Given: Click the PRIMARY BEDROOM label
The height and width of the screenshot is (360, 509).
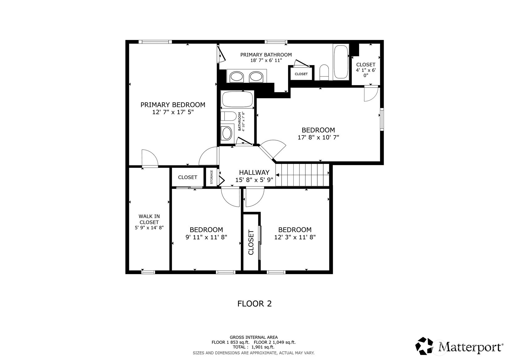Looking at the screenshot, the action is point(173,105).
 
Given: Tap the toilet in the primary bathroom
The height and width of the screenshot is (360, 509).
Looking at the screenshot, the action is point(324,72).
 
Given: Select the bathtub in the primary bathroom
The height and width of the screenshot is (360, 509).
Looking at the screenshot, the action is point(341,62).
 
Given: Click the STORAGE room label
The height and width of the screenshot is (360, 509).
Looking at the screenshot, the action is point(212,177).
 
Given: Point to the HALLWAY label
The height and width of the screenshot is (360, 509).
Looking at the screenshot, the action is point(254,172).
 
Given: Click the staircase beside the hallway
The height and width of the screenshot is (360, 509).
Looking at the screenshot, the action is point(303,175).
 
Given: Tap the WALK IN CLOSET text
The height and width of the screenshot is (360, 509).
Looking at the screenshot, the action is point(149,219).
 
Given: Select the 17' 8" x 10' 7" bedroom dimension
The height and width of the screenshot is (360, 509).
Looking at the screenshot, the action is point(318,137).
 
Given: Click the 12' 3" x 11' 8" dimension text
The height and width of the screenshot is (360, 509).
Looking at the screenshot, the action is point(295,237).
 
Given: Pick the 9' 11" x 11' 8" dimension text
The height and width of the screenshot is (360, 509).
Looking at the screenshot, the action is point(206,237).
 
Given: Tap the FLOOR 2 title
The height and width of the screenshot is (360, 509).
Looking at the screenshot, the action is point(255,304).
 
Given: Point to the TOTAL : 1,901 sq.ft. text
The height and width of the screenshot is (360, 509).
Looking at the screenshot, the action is point(254,347).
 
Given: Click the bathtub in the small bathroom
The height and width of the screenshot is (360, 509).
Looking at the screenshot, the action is point(237,99).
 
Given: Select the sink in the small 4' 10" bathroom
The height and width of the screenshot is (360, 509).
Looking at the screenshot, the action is point(227,133).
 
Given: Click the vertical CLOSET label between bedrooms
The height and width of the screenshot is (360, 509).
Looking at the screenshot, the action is point(251,242).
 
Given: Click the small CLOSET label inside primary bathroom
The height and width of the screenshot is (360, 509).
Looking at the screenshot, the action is point(301,74).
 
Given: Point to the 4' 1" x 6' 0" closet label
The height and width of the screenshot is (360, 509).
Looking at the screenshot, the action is point(366,70).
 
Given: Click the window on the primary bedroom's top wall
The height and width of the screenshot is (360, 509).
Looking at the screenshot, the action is point(155,42).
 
